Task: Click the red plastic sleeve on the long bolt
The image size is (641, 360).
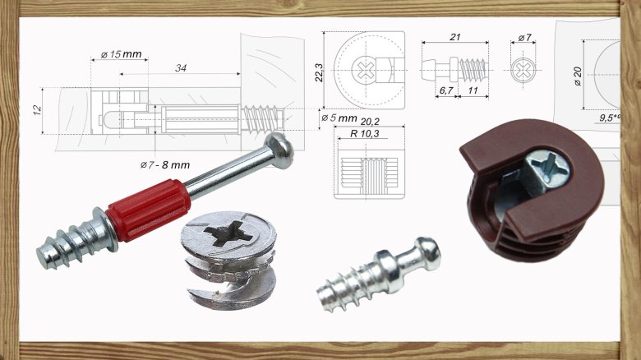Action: [x=149, y=210]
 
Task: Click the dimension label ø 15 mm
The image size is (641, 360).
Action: [x=121, y=54]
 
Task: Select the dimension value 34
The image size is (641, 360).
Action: [x=180, y=68]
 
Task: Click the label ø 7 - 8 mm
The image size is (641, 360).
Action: [x=164, y=165]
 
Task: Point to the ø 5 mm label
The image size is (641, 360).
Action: [x=337, y=118]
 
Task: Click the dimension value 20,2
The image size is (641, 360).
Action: [x=369, y=121]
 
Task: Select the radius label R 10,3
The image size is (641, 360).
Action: [x=367, y=132]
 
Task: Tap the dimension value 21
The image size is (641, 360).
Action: [x=454, y=37]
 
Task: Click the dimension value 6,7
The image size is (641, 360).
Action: [x=446, y=90]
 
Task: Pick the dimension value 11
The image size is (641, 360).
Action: [x=473, y=90]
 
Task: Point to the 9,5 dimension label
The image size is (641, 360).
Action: [x=608, y=118]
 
